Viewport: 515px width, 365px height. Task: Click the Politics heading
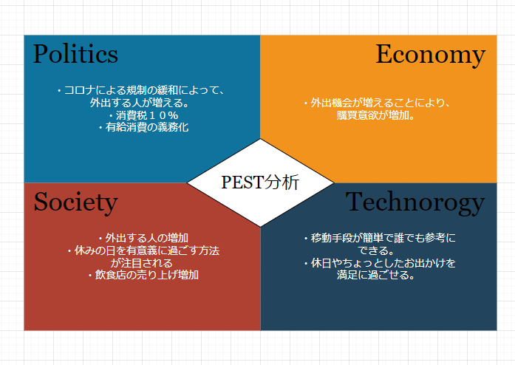pos(75,54)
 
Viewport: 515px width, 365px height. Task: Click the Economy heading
pos(430,54)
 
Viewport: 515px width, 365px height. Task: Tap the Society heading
pos(75,202)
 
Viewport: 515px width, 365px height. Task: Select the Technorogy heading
pos(415,202)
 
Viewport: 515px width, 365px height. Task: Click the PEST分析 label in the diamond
pos(260,182)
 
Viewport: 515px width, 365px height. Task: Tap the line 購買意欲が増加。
pos(379,115)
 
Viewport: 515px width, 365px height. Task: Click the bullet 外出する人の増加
pos(143,238)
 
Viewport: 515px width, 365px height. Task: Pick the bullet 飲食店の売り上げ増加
pos(143,275)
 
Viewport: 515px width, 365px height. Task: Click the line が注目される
pos(142,262)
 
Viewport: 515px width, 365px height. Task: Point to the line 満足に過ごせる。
pos(379,275)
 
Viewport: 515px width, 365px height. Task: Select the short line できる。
pos(379,250)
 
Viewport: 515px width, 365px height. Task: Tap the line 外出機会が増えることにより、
pos(379,103)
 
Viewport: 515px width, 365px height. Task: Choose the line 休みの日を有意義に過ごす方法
pos(143,250)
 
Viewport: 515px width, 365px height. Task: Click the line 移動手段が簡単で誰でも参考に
pos(379,238)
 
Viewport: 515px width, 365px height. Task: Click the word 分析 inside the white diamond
pos(284,182)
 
